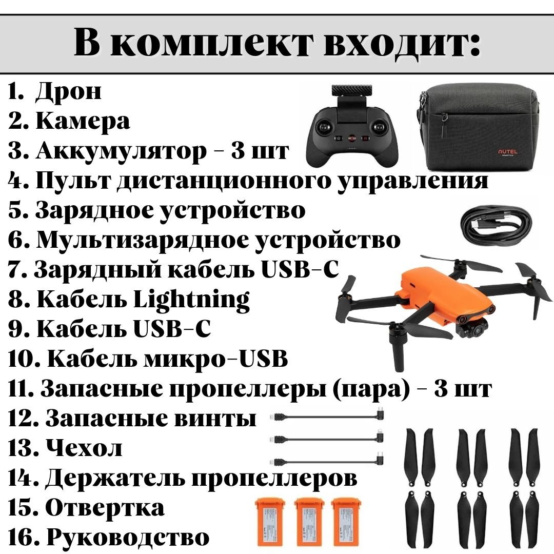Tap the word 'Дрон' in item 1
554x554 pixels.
[x=68, y=92]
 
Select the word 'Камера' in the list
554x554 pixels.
[x=83, y=121]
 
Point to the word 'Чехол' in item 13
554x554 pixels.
[x=85, y=448]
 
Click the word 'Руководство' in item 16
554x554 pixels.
[x=128, y=537]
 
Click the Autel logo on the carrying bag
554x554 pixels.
[x=507, y=152]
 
